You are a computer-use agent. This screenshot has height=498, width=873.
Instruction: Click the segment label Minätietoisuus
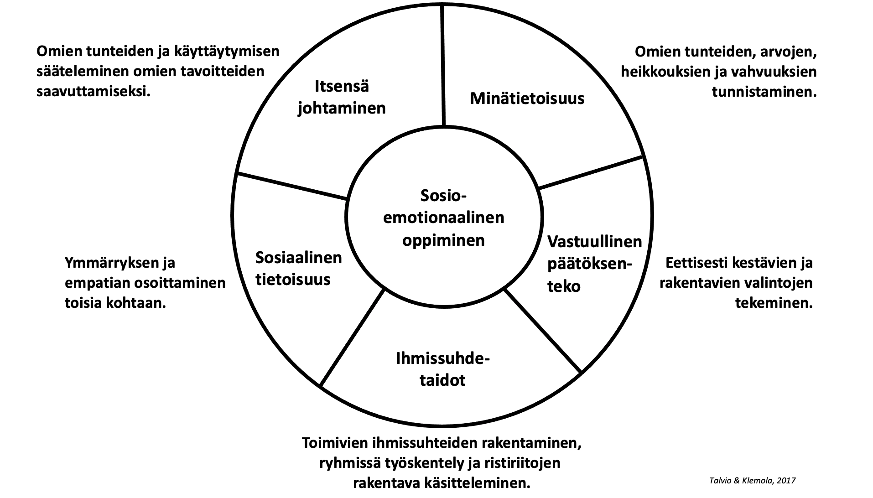tap(527, 99)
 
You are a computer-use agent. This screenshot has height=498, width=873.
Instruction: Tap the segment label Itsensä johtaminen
tap(342, 97)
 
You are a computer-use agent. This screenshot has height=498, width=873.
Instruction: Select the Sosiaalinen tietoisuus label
tap(298, 268)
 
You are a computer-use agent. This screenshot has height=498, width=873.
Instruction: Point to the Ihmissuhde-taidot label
tap(442, 369)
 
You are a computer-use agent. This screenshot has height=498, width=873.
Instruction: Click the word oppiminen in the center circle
tap(443, 240)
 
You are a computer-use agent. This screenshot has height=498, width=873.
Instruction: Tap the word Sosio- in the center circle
tap(443, 196)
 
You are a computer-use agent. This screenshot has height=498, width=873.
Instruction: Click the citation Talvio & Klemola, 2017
tap(752, 481)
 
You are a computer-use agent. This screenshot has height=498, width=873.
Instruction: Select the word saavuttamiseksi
tap(93, 92)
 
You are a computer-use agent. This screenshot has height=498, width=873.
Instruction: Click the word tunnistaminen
tap(764, 92)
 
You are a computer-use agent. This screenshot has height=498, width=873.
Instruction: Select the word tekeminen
tap(774, 303)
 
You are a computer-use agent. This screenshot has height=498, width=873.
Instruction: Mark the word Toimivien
tap(336, 444)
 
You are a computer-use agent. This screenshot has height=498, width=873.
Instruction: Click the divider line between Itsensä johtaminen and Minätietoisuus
tap(442, 64)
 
